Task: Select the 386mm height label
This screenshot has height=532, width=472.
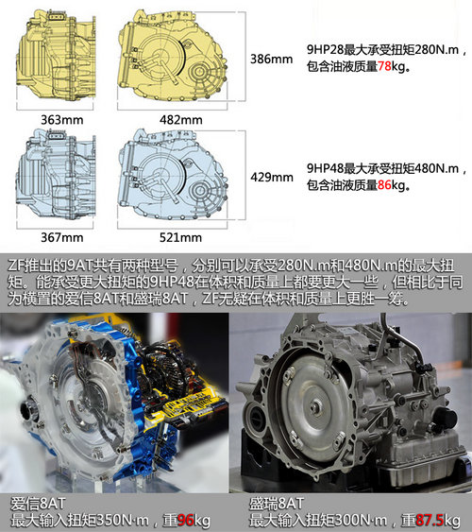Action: [267, 58]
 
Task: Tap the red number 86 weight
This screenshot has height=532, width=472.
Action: [385, 186]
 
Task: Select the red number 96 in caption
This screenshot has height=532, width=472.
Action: [186, 520]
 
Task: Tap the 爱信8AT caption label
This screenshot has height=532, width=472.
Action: [33, 503]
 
